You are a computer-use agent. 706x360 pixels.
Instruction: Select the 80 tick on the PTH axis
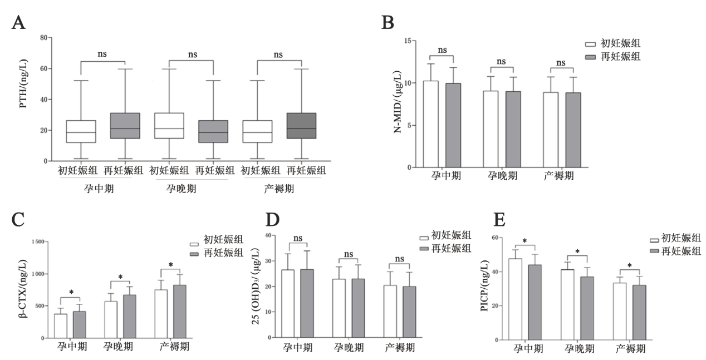pos(42,38)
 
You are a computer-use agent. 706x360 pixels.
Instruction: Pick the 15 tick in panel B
pos(408,41)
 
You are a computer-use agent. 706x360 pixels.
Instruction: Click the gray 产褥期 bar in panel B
pos(572,130)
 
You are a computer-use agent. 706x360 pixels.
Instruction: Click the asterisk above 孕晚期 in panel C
pos(120,277)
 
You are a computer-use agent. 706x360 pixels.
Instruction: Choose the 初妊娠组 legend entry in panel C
pos(217,241)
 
